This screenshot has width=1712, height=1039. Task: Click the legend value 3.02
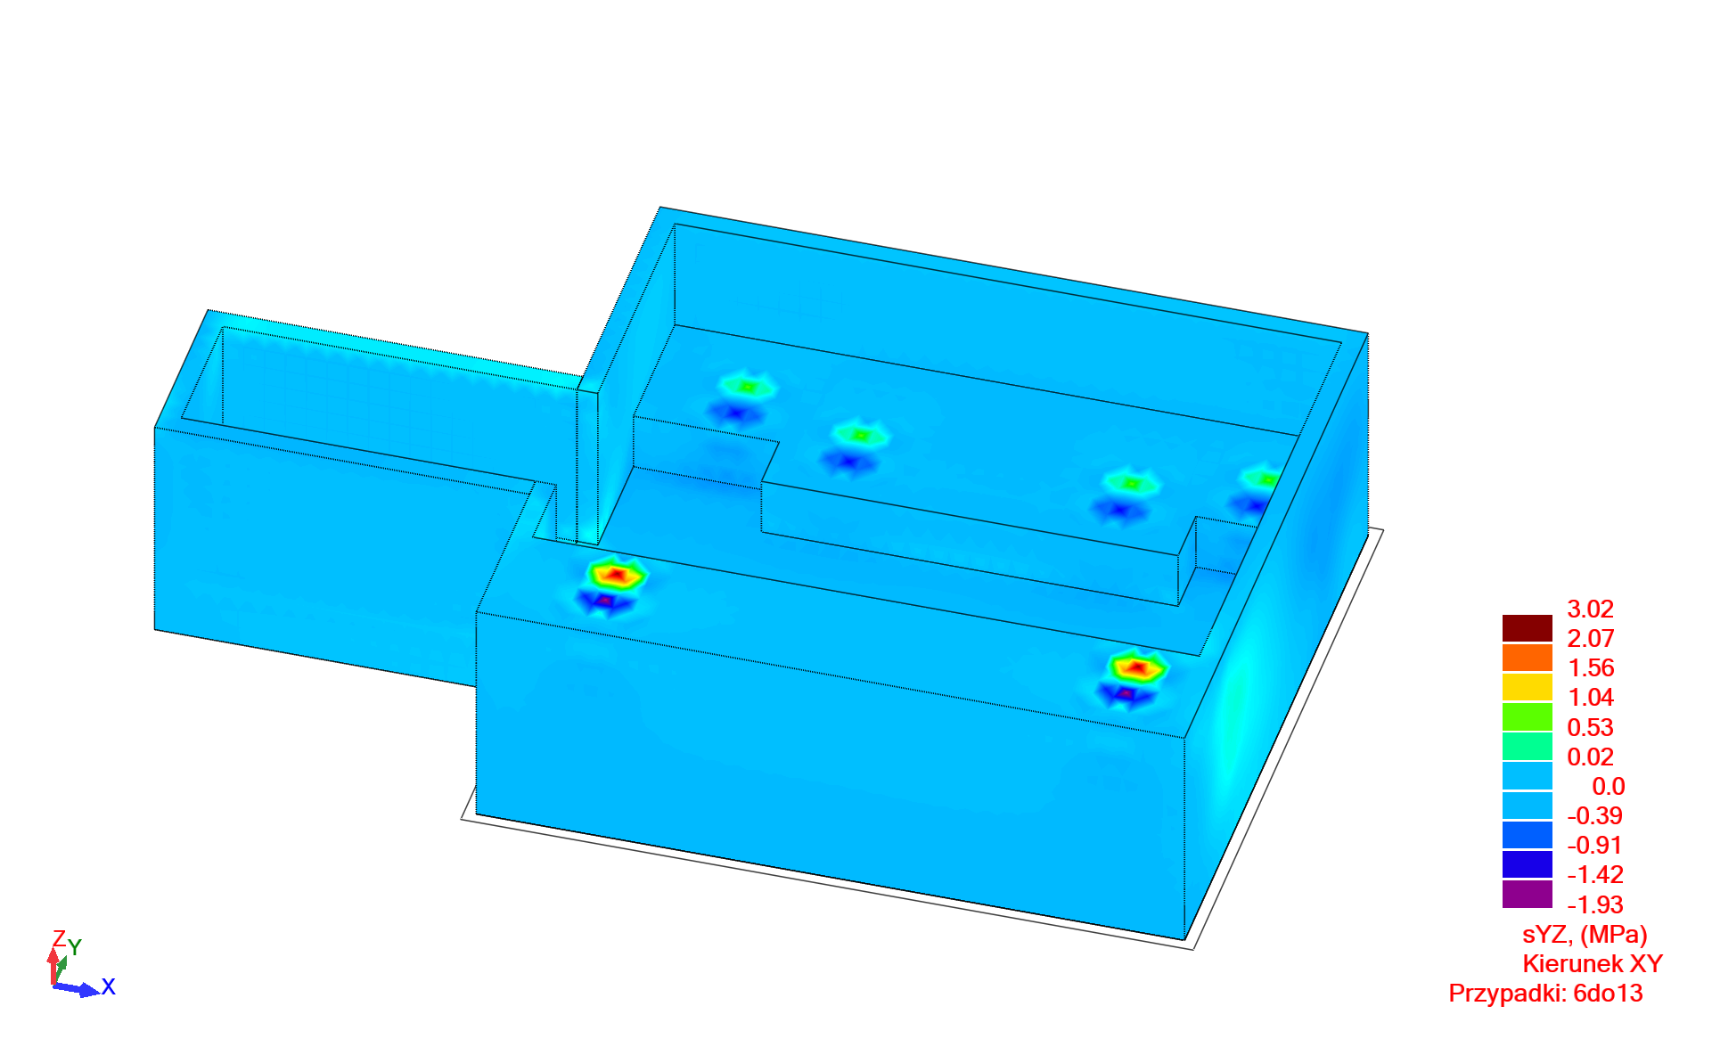1591,609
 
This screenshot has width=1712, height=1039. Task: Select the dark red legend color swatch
1528,628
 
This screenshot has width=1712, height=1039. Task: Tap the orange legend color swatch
1528,658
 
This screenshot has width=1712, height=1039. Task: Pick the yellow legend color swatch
1528,687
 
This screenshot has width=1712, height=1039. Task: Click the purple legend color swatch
1528,895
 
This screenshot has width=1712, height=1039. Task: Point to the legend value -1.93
1595,905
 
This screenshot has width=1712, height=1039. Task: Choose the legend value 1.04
1591,698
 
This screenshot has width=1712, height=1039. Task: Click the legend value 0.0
1609,787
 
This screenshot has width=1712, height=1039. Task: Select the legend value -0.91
1595,846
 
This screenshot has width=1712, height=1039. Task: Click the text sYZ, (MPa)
1585,935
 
